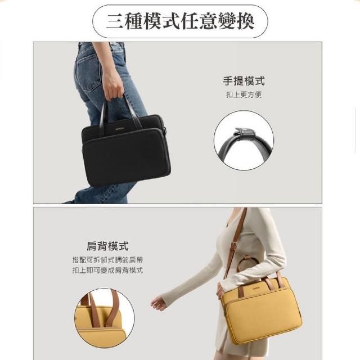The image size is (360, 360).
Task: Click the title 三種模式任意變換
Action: coord(180,21)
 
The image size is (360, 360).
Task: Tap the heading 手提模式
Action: coord(244,81)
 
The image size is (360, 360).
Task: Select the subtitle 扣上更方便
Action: coord(244,94)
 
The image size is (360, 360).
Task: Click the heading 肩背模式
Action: coord(107,246)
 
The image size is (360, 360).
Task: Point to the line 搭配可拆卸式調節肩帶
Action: coord(107,260)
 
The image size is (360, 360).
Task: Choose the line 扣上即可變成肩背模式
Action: coord(107,270)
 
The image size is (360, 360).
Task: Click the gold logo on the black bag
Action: coord(119,129)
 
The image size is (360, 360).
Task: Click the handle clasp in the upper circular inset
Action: coord(244,134)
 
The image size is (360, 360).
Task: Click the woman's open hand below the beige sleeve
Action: coord(159,303)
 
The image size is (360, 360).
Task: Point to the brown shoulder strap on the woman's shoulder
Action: coord(236,241)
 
